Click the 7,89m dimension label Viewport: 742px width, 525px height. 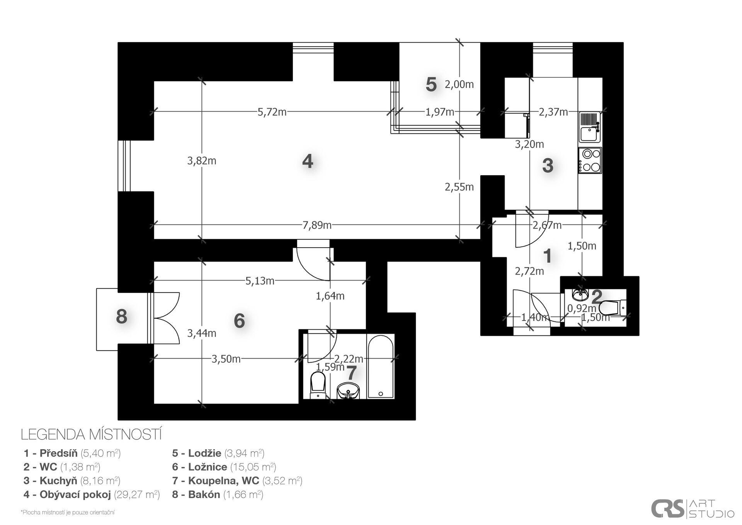(x=317, y=225)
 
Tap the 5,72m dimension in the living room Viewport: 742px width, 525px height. (x=272, y=112)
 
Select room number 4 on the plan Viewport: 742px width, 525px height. (x=308, y=161)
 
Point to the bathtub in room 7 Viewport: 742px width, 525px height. (x=381, y=366)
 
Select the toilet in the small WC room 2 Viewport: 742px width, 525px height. (x=613, y=308)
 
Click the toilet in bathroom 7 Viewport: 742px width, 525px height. (x=318, y=385)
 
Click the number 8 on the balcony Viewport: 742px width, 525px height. (x=122, y=317)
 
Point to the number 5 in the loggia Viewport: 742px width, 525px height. (x=431, y=84)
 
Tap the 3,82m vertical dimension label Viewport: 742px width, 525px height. (x=202, y=161)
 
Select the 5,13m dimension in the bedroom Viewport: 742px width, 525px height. (x=260, y=281)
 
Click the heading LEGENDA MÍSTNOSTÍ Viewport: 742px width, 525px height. (x=91, y=434)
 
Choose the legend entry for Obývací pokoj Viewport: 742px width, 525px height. (x=92, y=494)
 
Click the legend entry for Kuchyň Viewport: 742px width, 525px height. (x=72, y=481)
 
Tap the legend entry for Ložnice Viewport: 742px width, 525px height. (x=224, y=467)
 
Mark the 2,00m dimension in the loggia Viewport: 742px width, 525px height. (x=459, y=84)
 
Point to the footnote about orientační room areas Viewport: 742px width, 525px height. (x=68, y=513)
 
